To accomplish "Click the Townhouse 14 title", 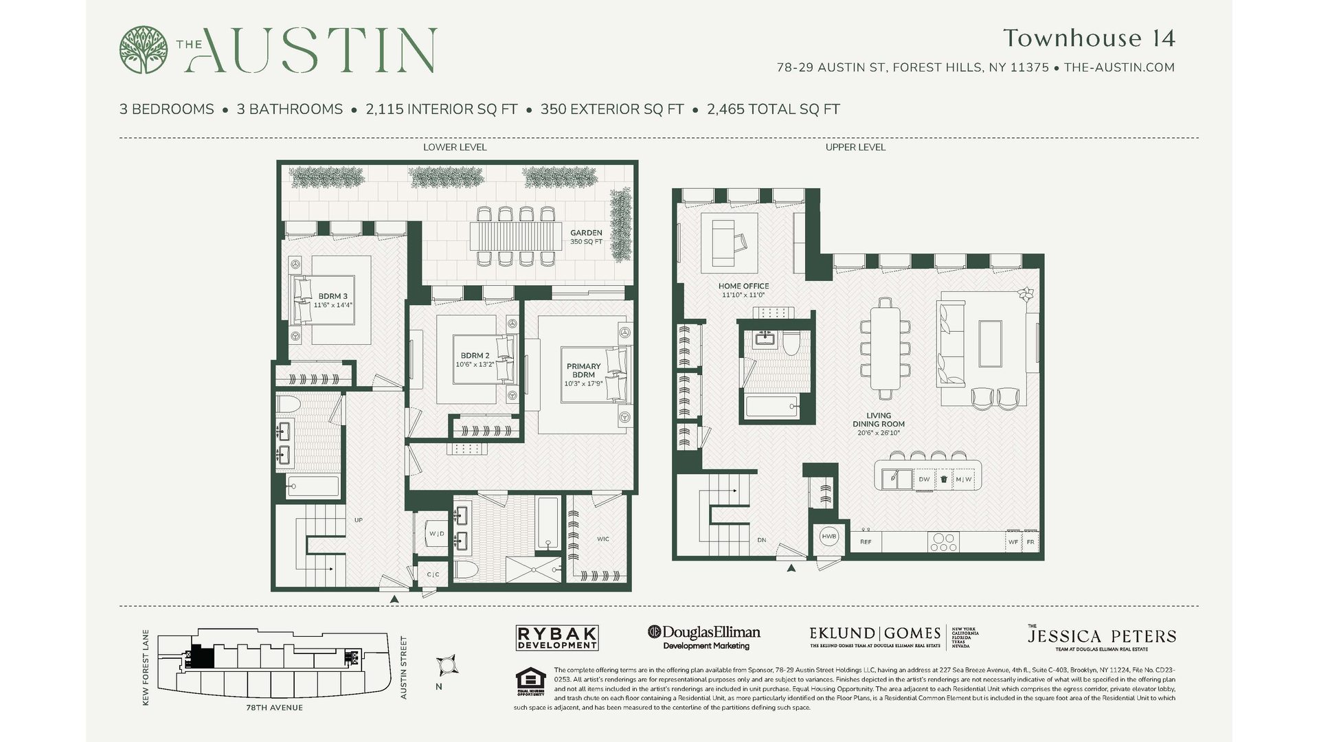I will tap(1089, 38).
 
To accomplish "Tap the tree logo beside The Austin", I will tap(143, 49).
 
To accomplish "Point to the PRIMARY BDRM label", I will tap(583, 371).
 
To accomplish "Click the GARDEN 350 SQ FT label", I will tap(586, 237).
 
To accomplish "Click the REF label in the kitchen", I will tap(866, 542).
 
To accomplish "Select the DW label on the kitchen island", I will tap(924, 480).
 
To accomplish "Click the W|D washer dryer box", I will tap(436, 534).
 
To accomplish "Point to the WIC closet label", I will tap(602, 539).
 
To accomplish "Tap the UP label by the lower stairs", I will tap(358, 521).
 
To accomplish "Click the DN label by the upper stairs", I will tap(761, 541).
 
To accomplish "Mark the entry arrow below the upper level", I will tap(791, 568).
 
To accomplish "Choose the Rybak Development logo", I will tap(556, 638).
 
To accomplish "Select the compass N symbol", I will tap(447, 666).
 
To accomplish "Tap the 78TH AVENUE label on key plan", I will tap(274, 708).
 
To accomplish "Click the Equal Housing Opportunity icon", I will tap(530, 680).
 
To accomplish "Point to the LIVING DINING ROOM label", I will tap(878, 420).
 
